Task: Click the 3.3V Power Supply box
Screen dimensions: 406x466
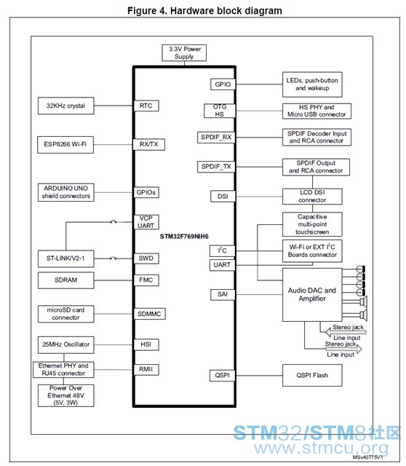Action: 184,53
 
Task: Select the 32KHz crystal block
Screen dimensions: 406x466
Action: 66,106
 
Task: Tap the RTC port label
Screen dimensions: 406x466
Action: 146,106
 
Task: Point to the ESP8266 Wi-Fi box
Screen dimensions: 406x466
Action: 65,145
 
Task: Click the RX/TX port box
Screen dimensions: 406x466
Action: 149,144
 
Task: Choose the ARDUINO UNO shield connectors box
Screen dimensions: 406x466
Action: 66,192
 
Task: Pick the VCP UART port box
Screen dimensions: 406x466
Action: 146,222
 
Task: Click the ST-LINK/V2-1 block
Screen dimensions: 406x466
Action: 66,258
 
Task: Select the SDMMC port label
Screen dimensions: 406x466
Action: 149,314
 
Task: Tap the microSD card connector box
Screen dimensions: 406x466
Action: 66,314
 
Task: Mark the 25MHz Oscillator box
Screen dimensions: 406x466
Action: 66,344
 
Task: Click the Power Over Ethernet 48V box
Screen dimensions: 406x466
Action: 66,395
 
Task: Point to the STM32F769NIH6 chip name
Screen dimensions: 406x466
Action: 184,237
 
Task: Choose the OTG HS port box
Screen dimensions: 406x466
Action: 220,111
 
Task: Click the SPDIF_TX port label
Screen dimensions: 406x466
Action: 216,167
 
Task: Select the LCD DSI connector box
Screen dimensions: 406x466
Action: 312,197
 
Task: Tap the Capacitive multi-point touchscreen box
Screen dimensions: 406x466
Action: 312,224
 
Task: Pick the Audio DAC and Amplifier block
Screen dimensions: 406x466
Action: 312,294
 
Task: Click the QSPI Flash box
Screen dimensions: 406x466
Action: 312,376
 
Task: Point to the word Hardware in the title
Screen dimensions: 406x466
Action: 192,11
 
